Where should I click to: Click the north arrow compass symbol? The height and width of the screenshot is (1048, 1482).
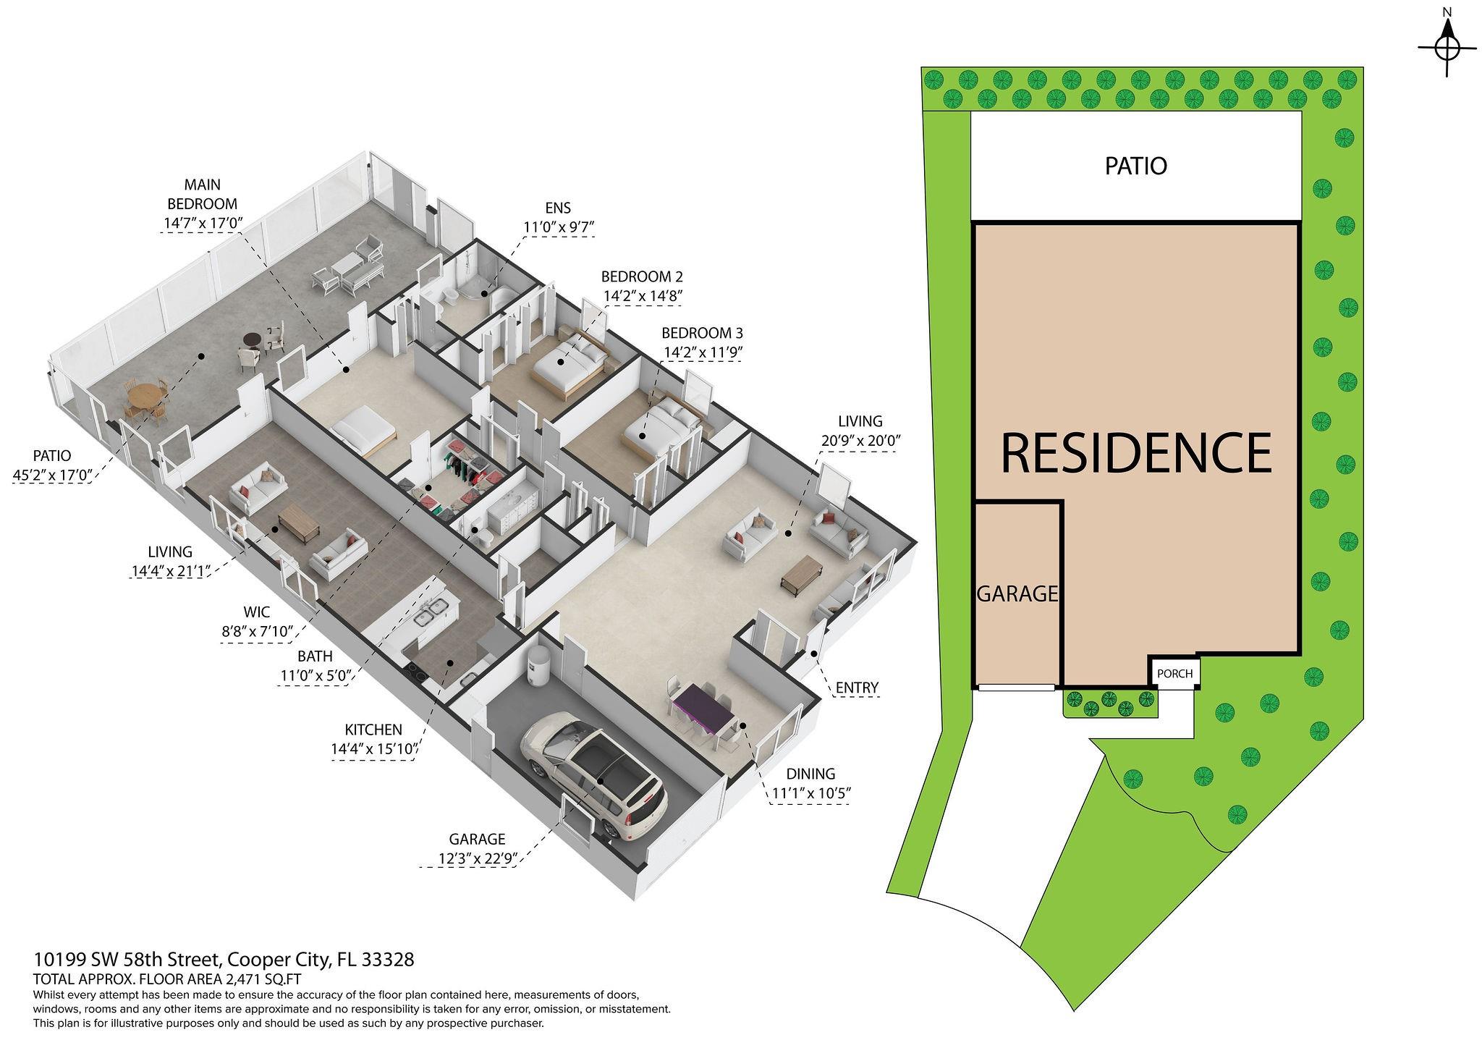pos(1447,49)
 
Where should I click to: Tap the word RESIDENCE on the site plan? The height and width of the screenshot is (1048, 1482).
pos(1136,452)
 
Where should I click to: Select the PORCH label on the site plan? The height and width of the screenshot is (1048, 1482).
pos(1174,674)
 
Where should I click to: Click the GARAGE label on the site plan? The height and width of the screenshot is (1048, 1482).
pos(1017,593)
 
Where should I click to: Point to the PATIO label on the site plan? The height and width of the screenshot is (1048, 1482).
pos(1135,166)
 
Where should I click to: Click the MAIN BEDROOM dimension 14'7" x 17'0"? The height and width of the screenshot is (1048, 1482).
pos(202,223)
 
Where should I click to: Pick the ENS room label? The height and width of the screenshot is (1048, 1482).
pos(558,208)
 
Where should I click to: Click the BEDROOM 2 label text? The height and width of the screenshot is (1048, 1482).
pos(642,276)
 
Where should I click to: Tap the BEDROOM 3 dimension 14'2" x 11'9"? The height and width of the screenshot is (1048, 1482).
pos(703,352)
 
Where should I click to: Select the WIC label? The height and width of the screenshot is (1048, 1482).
pos(257,612)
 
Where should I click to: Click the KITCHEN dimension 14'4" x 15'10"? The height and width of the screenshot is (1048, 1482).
pos(375,749)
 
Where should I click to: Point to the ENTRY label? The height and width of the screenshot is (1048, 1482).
pos(857,687)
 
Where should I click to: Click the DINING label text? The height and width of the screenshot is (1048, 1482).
pos(810,774)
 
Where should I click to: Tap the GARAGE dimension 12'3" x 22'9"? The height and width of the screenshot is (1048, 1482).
pos(476,858)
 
